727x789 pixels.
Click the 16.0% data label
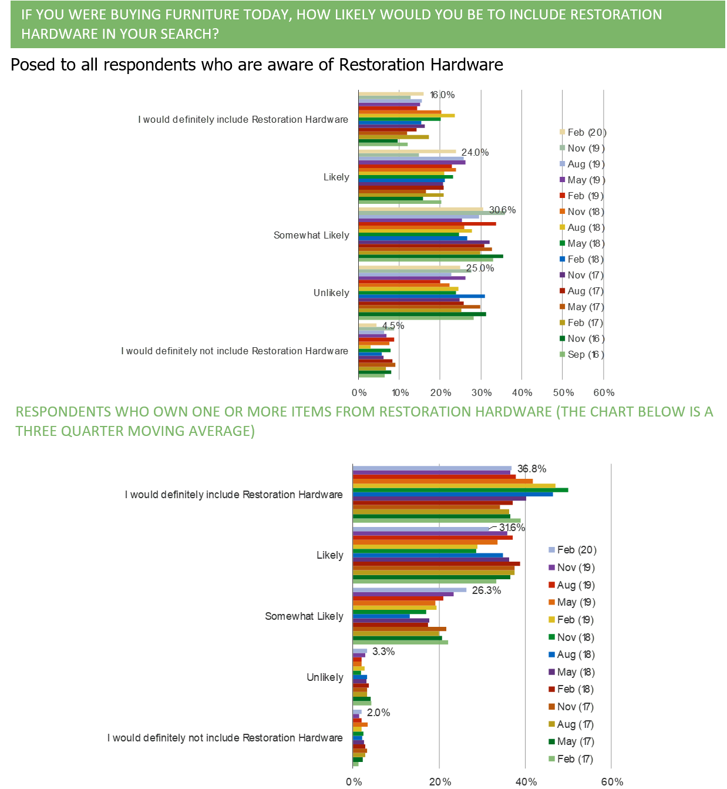442,95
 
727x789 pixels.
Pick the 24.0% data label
475,153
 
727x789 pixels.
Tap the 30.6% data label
503,210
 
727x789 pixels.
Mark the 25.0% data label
480,268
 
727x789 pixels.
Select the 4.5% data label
393,326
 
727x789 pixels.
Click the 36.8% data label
531,469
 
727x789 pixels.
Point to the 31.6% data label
511,528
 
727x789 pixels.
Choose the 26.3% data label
486,590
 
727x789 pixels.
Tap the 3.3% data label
383,652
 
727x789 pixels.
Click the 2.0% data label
378,713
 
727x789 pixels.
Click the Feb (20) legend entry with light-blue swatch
573,550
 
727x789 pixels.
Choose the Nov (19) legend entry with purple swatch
573,568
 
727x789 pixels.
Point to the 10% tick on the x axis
400,392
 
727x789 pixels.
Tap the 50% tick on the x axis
563,392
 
